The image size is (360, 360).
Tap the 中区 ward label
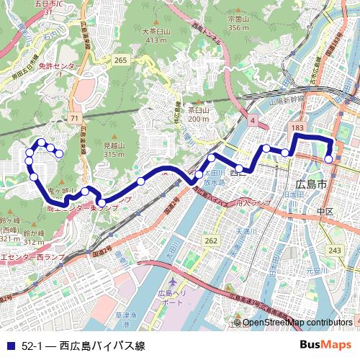tap(325, 212)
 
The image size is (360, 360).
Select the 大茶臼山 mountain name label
tap(156, 32)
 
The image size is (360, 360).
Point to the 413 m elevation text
tap(156, 40)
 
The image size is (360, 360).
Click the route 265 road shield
tap(120, 59)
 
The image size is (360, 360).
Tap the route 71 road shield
tap(74, 117)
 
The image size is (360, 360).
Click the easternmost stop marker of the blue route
tap(329, 159)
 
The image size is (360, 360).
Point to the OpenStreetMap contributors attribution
tap(297, 323)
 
